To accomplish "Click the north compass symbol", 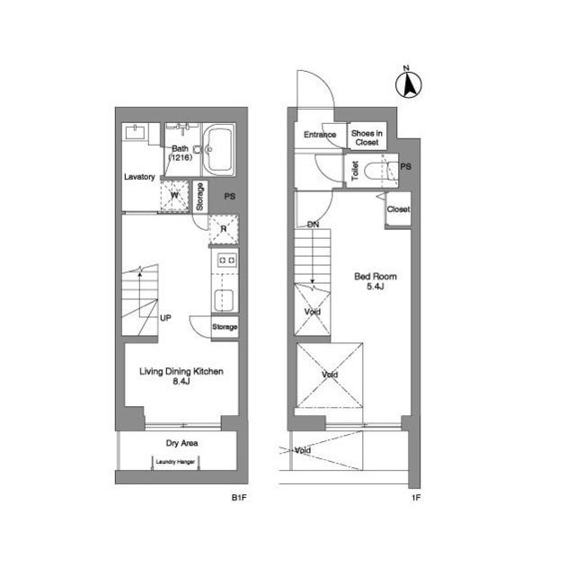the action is [408, 83].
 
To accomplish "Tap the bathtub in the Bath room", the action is [219, 150].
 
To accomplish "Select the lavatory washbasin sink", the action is [136, 132].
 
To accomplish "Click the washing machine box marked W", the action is [174, 196].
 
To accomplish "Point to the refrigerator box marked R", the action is [224, 230].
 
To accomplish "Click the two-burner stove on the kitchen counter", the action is [226, 261].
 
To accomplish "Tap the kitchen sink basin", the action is [224, 300].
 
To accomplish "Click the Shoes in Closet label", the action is [367, 137].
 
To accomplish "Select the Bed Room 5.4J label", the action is [376, 281].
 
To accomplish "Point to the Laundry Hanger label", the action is [175, 462].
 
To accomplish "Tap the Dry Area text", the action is [181, 443].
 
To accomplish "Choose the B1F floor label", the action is [239, 498].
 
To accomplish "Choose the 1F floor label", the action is [416, 498].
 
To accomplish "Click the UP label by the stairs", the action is [165, 318].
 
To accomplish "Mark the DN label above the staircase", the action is [313, 225].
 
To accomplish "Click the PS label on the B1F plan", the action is [230, 197].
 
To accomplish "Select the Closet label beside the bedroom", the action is [398, 209].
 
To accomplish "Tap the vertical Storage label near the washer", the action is [199, 197].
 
